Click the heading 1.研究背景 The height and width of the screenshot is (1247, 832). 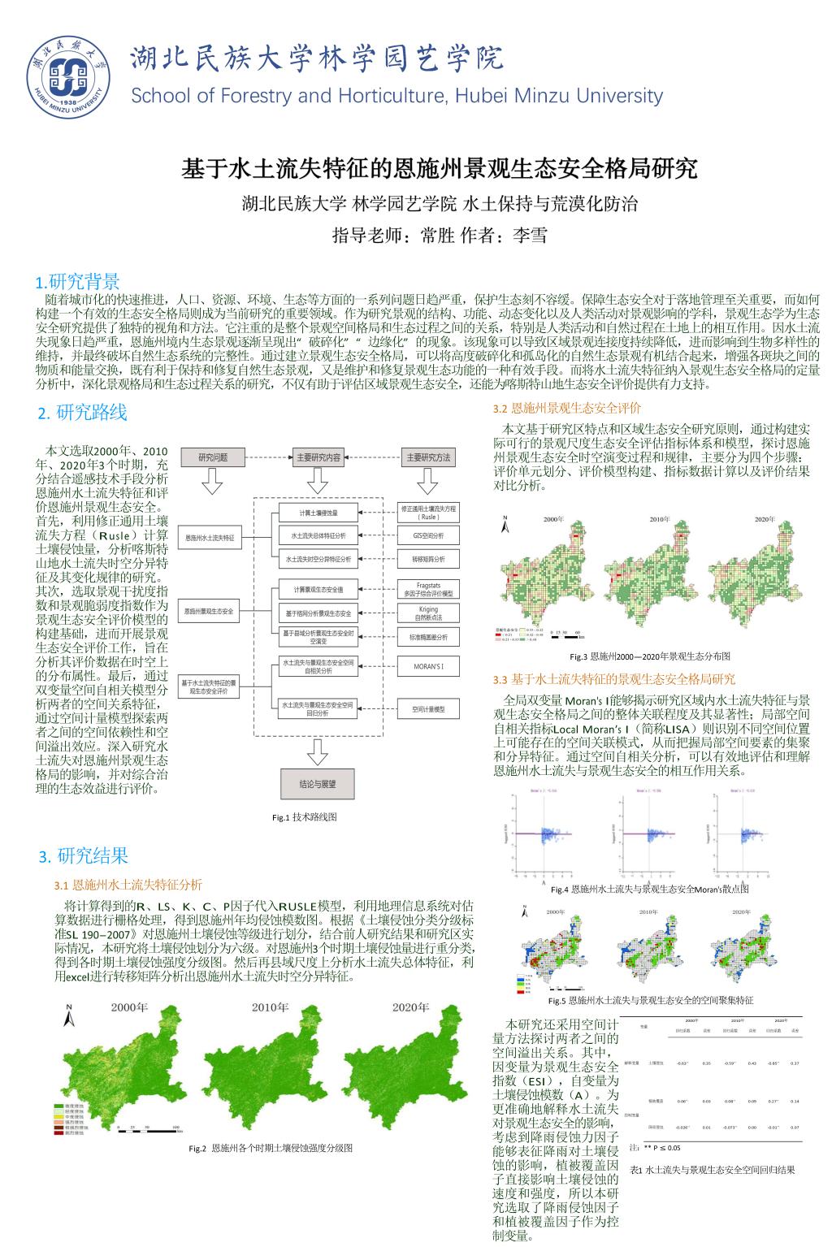[x=77, y=282]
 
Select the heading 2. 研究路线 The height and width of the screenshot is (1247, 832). [x=82, y=413]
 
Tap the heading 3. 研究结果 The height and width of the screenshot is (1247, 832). [x=83, y=855]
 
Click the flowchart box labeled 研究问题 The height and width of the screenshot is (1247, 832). [x=213, y=457]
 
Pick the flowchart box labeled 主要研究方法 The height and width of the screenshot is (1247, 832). [x=428, y=457]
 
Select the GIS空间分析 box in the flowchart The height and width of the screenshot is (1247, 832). [x=428, y=536]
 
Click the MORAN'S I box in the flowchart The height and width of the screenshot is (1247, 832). [x=428, y=667]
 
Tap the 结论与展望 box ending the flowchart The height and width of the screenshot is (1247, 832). [x=317, y=785]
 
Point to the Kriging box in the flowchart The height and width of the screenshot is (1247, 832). [x=428, y=613]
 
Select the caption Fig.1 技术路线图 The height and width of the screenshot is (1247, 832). [x=304, y=817]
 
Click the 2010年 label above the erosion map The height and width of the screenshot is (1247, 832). [x=271, y=1007]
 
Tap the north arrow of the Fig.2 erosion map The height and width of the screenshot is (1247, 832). [x=69, y=1014]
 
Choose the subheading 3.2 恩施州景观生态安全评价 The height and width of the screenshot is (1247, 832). [x=567, y=408]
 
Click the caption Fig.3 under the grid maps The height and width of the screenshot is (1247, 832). [x=649, y=656]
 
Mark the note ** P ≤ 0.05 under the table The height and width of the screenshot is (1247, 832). [x=661, y=1148]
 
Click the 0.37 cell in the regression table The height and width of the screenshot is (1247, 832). [x=795, y=1063]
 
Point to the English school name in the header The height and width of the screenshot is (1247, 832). [x=396, y=96]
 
